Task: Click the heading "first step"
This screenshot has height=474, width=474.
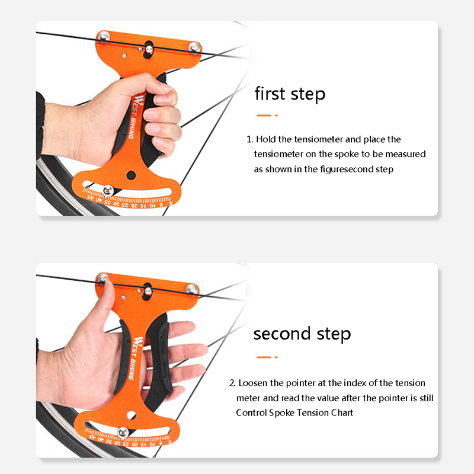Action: coord(290,94)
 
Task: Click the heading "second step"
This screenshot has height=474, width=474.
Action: coord(302,334)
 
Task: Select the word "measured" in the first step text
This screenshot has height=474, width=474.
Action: coord(405,154)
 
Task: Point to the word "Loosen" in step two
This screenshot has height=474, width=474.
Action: coord(253,383)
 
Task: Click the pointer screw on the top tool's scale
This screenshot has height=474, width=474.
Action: coord(108,190)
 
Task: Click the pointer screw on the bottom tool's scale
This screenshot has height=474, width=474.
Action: coord(123,433)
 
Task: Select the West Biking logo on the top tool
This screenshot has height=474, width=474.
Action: coord(134,117)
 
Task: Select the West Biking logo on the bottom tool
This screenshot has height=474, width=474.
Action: coord(134,358)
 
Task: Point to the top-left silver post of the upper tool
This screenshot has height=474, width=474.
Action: coord(104,36)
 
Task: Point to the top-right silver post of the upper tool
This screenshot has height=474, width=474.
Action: coord(194,47)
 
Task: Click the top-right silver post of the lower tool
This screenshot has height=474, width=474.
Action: coord(192,289)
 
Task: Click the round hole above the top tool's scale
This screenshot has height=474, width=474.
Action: coord(131,175)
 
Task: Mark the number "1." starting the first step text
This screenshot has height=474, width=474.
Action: coord(249,139)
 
